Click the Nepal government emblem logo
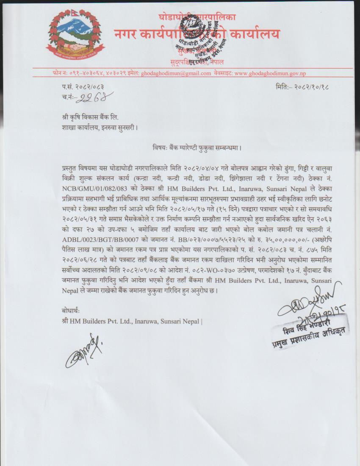click(75, 35)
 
